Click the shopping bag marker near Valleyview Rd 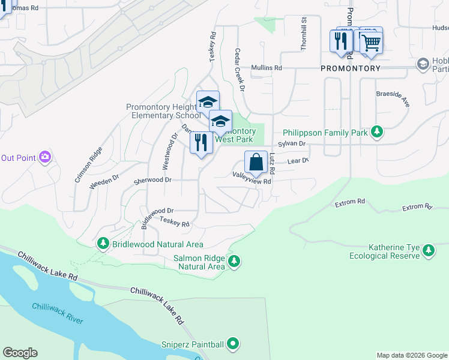tap(256, 162)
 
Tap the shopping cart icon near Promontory tap(372, 43)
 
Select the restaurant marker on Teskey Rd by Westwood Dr tap(201, 143)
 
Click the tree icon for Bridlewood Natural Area tap(103, 243)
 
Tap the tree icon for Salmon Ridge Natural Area tap(234, 261)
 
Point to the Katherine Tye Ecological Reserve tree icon tap(428, 250)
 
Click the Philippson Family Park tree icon tap(376, 131)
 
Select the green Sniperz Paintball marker tap(233, 344)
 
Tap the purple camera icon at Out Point tap(44, 157)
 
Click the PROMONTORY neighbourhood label tap(351, 68)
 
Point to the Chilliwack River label tap(58, 313)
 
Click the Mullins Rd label tap(267, 68)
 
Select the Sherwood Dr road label tap(152, 179)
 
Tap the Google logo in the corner tap(20, 353)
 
